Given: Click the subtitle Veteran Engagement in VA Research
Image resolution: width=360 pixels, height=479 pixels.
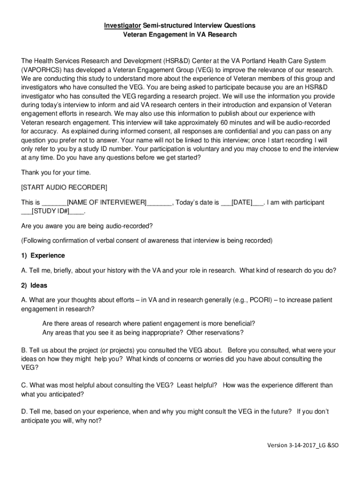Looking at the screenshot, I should click(x=180, y=35).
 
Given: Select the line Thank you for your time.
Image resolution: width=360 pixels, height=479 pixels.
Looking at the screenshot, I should click(x=57, y=173).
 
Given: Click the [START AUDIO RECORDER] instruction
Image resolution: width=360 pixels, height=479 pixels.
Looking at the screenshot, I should click(x=64, y=188).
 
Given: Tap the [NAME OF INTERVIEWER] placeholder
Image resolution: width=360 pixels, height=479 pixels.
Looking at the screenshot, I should click(x=107, y=203).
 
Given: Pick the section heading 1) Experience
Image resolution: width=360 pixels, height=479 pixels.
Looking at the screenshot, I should click(x=43, y=256).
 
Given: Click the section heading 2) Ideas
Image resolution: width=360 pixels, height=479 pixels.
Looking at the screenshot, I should click(x=34, y=285).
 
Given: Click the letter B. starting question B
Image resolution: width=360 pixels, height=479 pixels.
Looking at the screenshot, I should click(x=24, y=350).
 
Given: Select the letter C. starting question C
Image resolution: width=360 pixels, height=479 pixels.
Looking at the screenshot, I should click(x=24, y=385).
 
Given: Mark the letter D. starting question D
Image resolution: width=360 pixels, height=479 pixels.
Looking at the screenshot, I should click(x=24, y=411).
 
